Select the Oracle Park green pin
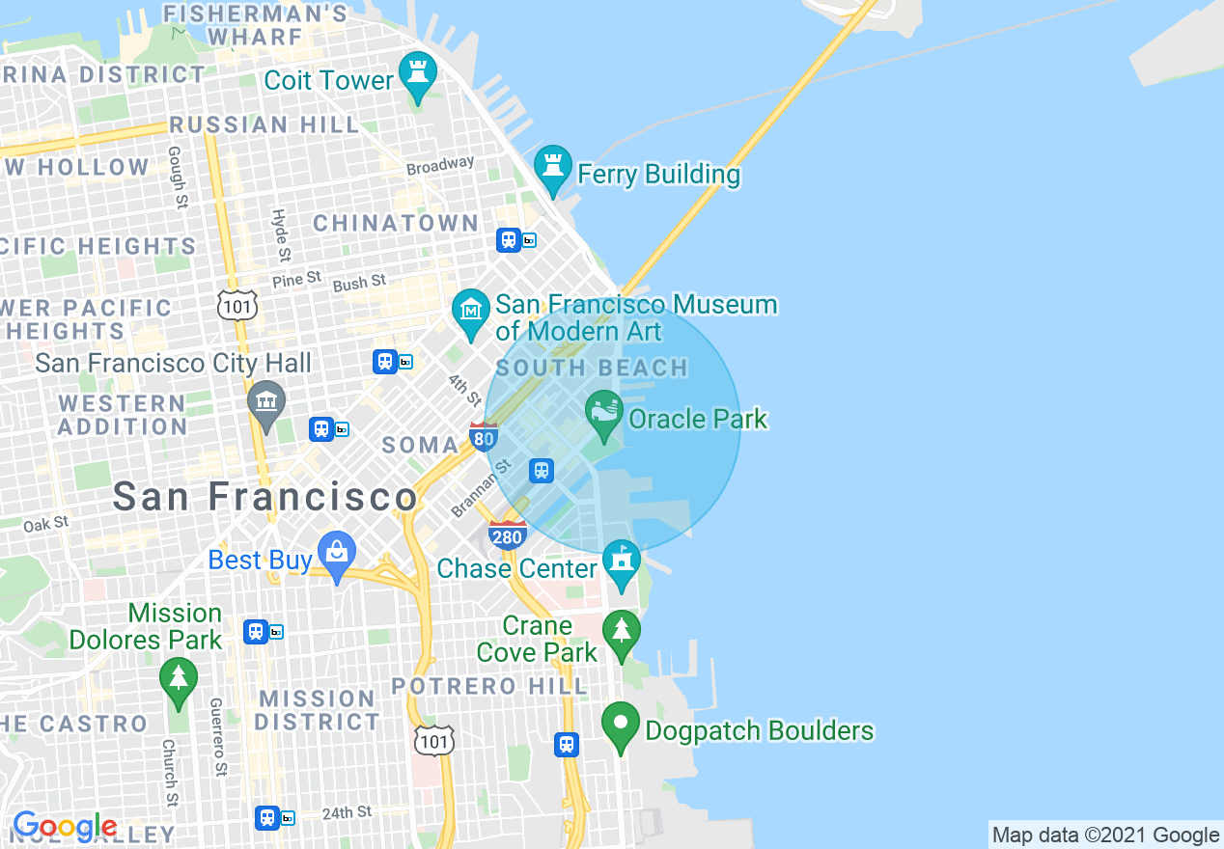click(x=604, y=413)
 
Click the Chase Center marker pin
click(x=621, y=562)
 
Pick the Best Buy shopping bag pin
click(x=337, y=554)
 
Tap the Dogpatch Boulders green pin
click(x=621, y=725)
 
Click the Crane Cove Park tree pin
click(x=622, y=633)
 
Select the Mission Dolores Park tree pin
click(x=178, y=679)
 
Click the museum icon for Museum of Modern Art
click(x=471, y=311)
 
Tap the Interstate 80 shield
click(x=484, y=437)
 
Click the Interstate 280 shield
click(x=507, y=535)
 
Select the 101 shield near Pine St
click(x=236, y=304)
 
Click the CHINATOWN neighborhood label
click(x=396, y=224)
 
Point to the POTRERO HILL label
click(x=489, y=687)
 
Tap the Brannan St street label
click(x=481, y=489)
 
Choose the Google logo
click(x=65, y=827)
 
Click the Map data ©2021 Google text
click(x=1105, y=835)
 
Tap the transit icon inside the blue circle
click(x=542, y=471)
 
